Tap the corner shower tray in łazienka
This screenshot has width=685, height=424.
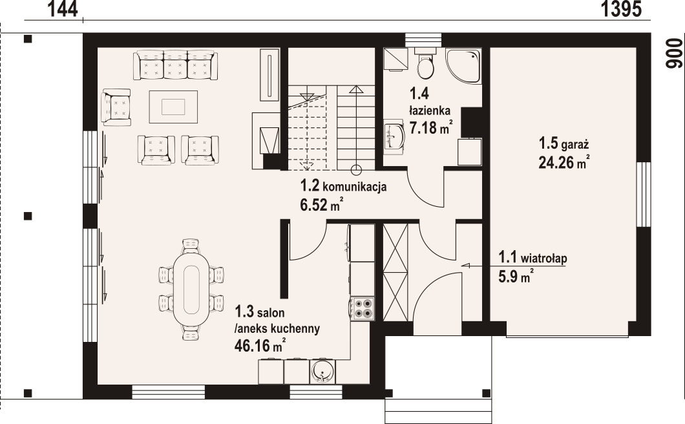[x=463, y=65]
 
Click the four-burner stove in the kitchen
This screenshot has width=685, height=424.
[x=362, y=308]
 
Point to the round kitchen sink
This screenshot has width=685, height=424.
[x=323, y=372]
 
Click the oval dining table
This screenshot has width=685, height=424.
[x=191, y=289]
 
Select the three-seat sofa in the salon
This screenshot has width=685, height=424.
[x=176, y=65]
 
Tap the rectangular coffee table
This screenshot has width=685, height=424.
[x=173, y=107]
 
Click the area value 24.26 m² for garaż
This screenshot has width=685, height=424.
[x=564, y=163]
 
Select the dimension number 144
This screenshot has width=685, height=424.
[x=63, y=9]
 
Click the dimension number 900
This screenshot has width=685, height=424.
[x=674, y=54]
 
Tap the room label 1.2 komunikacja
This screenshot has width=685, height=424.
[x=343, y=187]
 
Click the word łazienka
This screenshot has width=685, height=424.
[x=430, y=110]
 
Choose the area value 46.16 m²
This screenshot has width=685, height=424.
[x=260, y=345]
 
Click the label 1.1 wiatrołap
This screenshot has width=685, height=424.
[x=532, y=257]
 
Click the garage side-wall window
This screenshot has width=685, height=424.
[x=644, y=195]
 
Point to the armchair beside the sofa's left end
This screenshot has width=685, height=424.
[x=116, y=107]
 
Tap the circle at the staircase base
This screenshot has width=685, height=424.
[x=356, y=169]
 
